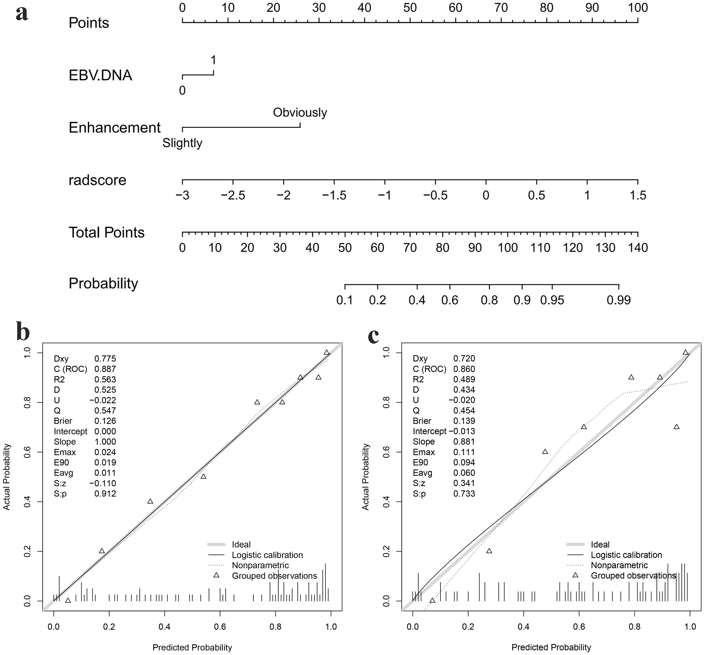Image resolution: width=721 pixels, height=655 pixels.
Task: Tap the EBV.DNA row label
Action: click(100, 75)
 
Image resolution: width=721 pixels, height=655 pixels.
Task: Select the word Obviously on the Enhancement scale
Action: click(300, 113)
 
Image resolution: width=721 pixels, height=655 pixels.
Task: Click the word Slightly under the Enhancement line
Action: click(182, 143)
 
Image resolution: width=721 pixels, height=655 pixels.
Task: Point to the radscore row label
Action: click(97, 180)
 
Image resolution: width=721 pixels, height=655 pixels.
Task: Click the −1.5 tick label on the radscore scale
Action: click(334, 195)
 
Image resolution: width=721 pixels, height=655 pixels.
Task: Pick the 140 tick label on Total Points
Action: click(638, 248)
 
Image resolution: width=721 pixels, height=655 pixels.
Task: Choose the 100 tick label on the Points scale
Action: click(638, 7)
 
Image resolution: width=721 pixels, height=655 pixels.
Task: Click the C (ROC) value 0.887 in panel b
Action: click(105, 369)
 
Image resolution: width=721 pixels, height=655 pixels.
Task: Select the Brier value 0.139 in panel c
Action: click(464, 421)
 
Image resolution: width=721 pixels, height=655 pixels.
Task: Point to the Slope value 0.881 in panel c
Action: click(464, 442)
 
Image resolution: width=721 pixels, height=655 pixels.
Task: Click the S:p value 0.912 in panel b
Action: click(105, 494)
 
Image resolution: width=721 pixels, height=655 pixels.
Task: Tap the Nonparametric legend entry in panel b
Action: click(260, 565)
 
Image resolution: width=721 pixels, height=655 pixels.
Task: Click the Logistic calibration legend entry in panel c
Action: click(626, 555)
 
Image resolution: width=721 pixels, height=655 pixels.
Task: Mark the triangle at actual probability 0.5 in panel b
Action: click(203, 477)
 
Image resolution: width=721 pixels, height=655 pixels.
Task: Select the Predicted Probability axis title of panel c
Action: click(551, 647)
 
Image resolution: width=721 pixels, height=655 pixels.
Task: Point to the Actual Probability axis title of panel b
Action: click(6, 477)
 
